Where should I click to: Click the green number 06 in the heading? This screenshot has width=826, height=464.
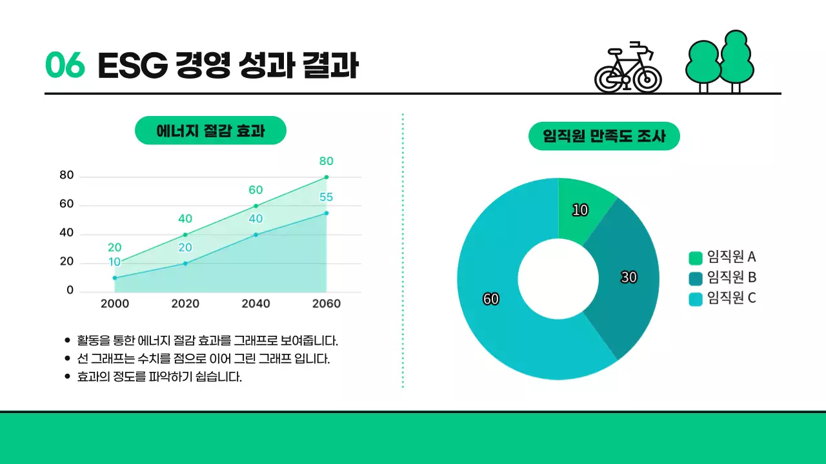pos(65,65)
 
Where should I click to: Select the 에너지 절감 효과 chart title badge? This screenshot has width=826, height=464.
pos(210,131)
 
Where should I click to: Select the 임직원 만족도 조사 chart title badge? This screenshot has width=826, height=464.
pos(604,136)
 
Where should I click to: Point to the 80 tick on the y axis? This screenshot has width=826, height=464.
pos(66,175)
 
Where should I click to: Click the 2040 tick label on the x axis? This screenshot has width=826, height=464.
pos(256,304)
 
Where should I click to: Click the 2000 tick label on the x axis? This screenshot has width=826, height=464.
pos(115,304)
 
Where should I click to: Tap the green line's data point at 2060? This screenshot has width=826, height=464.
pos(327,177)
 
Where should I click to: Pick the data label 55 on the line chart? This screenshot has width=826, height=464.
pos(326,197)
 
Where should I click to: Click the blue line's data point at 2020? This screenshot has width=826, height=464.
pos(185,263)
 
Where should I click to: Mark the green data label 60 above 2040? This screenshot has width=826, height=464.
pos(256,190)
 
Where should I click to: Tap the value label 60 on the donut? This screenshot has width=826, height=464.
pos(490,299)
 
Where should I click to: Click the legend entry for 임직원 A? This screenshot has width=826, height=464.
pos(723,257)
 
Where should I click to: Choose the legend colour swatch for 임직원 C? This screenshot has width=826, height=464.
pos(695,298)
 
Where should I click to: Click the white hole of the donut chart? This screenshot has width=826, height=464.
pos(558,279)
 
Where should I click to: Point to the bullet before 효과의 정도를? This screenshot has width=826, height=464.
pos(68,376)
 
